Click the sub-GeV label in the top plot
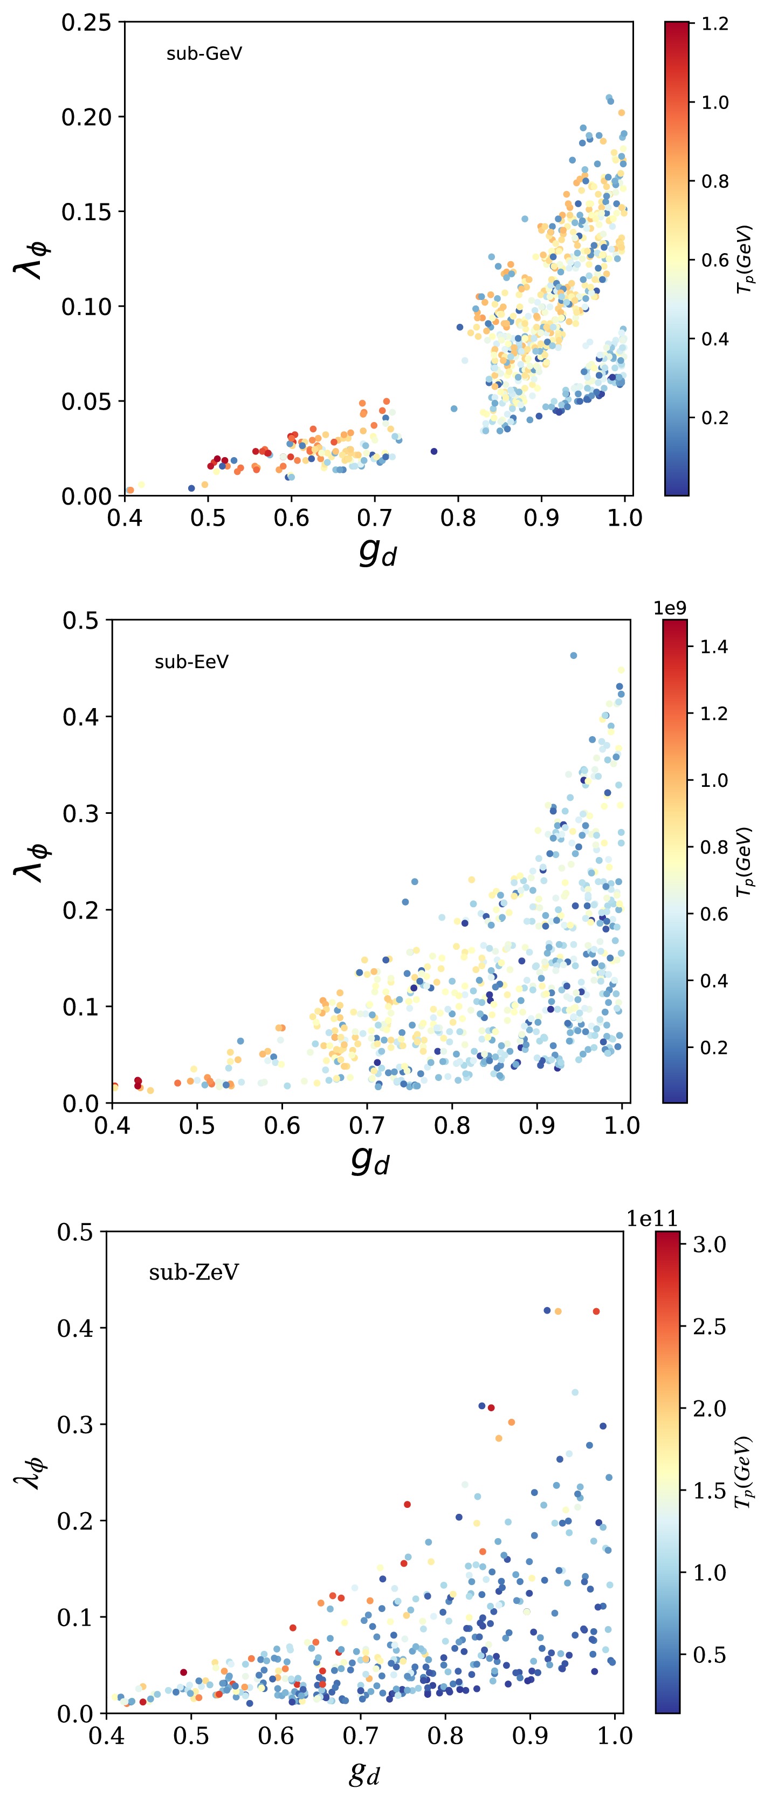204,54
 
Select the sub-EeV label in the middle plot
191,662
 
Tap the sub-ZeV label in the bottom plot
194,1271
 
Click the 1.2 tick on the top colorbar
715,24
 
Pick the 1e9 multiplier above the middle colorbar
670,608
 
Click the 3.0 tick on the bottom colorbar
709,1245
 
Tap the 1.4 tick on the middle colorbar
714,647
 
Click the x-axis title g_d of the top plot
377,553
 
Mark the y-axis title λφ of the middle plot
31,861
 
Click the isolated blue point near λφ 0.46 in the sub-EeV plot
573,656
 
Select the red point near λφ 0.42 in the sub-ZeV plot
596,1311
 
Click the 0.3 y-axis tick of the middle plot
80,813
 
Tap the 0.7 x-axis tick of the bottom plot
360,1735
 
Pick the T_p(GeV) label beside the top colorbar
746,259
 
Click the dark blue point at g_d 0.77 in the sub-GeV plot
433,451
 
